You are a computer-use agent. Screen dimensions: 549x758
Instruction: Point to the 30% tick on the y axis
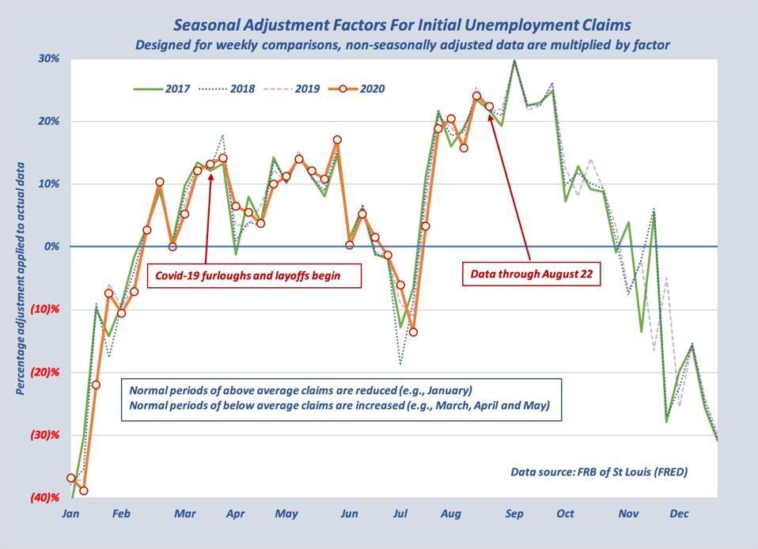coord(47,59)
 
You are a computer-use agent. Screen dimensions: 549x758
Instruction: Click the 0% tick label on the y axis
coord(51,247)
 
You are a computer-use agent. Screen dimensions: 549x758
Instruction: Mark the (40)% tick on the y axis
coord(44,498)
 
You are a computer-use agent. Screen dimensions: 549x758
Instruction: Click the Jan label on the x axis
coord(70,514)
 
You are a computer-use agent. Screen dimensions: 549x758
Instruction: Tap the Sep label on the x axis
coord(514,514)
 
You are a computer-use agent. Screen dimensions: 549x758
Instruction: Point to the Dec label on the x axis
coord(679,514)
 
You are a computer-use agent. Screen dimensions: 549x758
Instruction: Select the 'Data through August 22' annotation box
coord(528,274)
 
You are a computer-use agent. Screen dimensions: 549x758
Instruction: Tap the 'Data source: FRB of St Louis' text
coord(599,472)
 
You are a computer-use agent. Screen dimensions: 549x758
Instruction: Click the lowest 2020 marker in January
coord(83,490)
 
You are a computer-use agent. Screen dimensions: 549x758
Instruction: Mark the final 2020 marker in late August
coord(489,107)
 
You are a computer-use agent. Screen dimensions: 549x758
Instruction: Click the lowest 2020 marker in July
coord(413,331)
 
